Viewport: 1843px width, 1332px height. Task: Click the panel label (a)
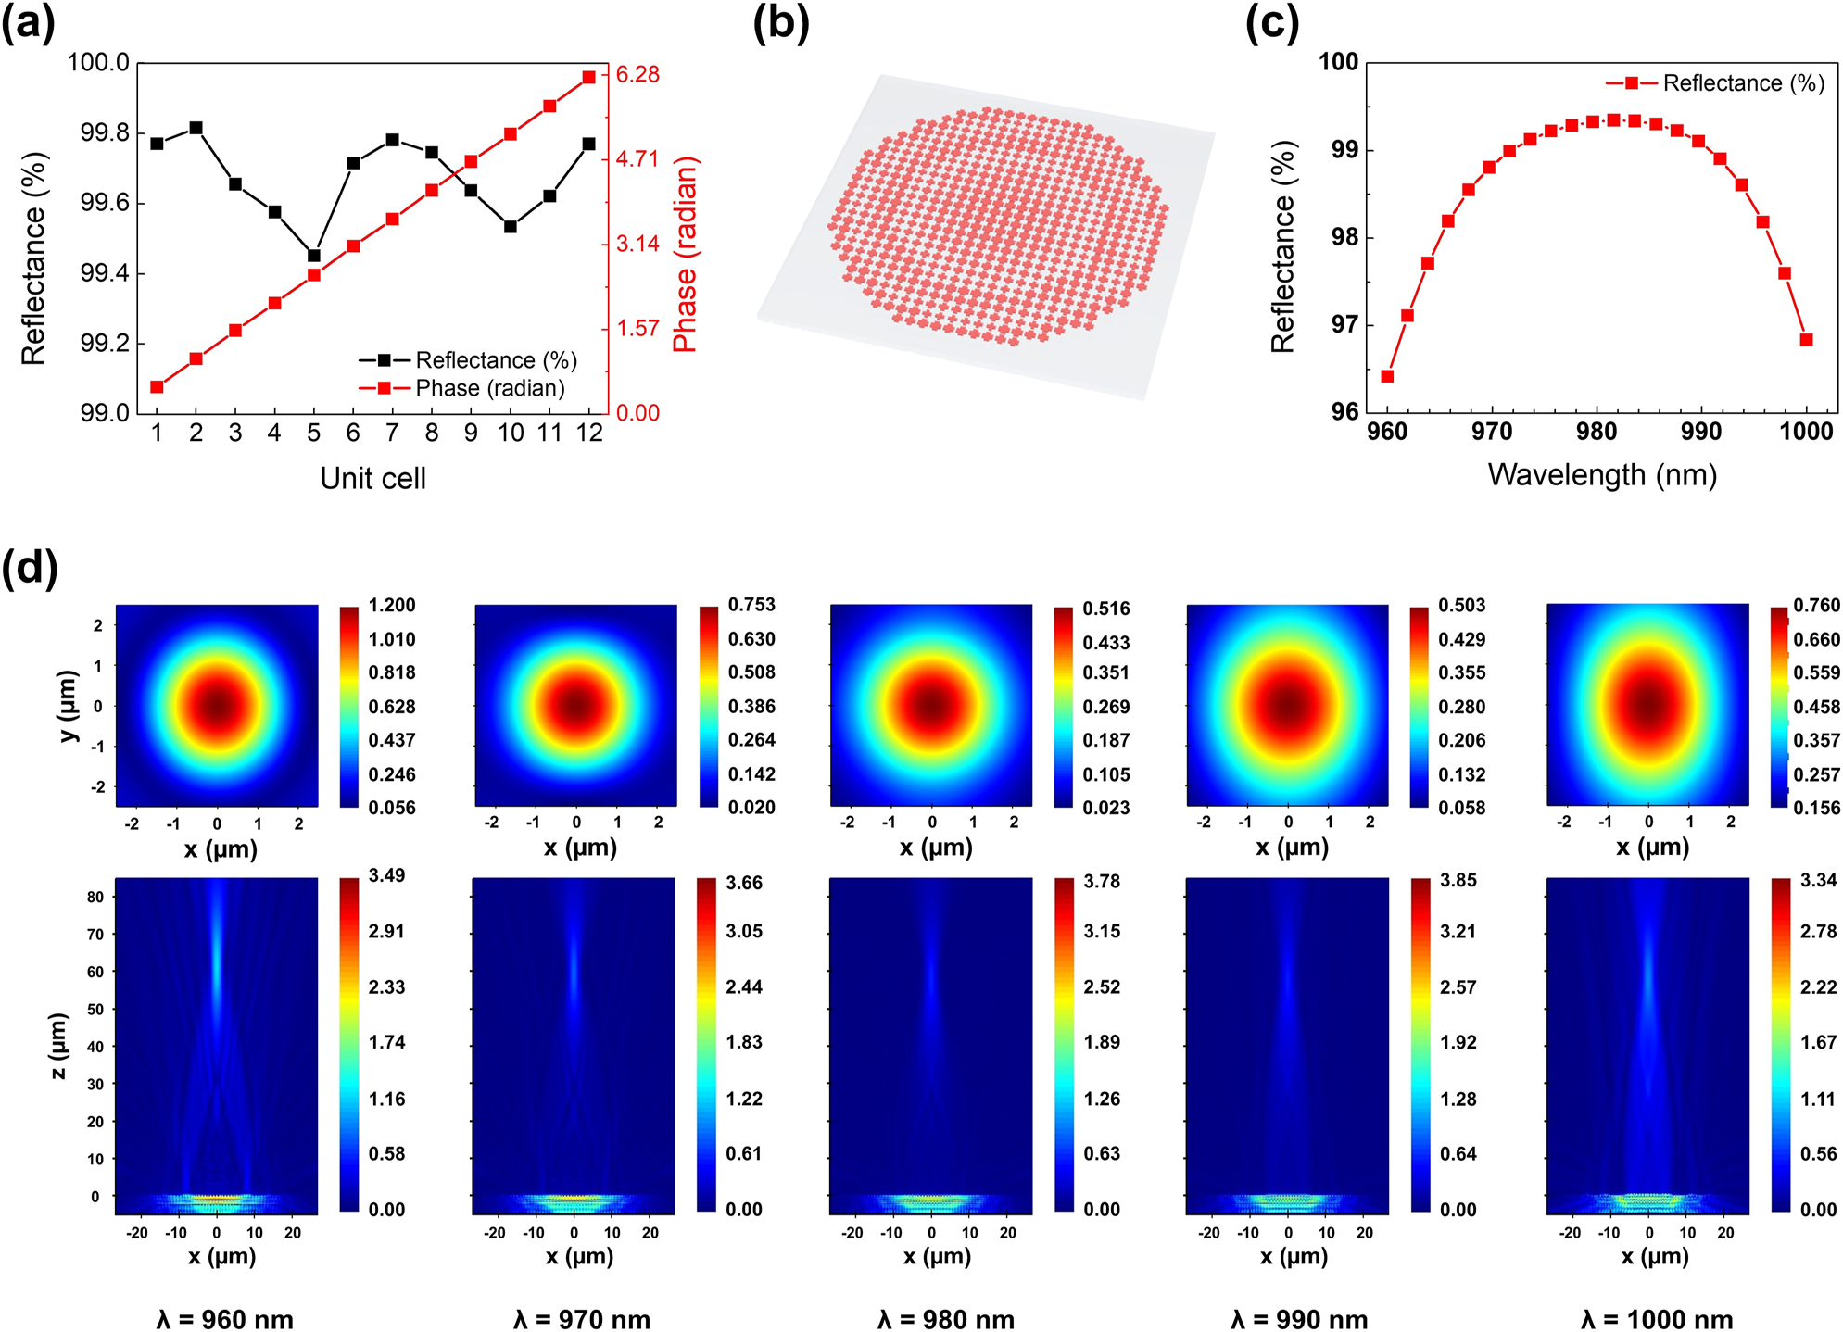click(28, 24)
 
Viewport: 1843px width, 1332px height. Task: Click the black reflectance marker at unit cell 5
click(314, 256)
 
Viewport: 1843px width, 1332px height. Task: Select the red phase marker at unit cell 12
click(588, 78)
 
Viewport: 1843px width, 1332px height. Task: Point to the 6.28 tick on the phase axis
click(637, 74)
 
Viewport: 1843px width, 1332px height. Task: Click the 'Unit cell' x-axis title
click(372, 478)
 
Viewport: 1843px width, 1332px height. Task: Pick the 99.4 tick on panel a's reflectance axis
click(105, 273)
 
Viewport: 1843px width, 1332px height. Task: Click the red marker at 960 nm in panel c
click(1387, 376)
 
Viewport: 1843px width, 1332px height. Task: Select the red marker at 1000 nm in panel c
click(1806, 340)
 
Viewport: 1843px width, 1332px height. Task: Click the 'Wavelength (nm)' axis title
click(1602, 474)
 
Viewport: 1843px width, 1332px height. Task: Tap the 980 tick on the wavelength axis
click(1597, 432)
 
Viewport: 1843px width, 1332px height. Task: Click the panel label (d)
click(30, 567)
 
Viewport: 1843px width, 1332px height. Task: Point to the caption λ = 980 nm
click(946, 1319)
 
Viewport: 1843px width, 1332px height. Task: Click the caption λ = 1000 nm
click(1657, 1319)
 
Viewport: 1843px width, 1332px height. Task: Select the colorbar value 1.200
click(392, 606)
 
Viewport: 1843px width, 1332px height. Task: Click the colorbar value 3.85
click(1458, 880)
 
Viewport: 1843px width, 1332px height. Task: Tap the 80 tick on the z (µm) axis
click(95, 897)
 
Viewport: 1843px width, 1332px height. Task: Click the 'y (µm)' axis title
click(68, 706)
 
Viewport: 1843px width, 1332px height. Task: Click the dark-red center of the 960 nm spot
click(217, 706)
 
